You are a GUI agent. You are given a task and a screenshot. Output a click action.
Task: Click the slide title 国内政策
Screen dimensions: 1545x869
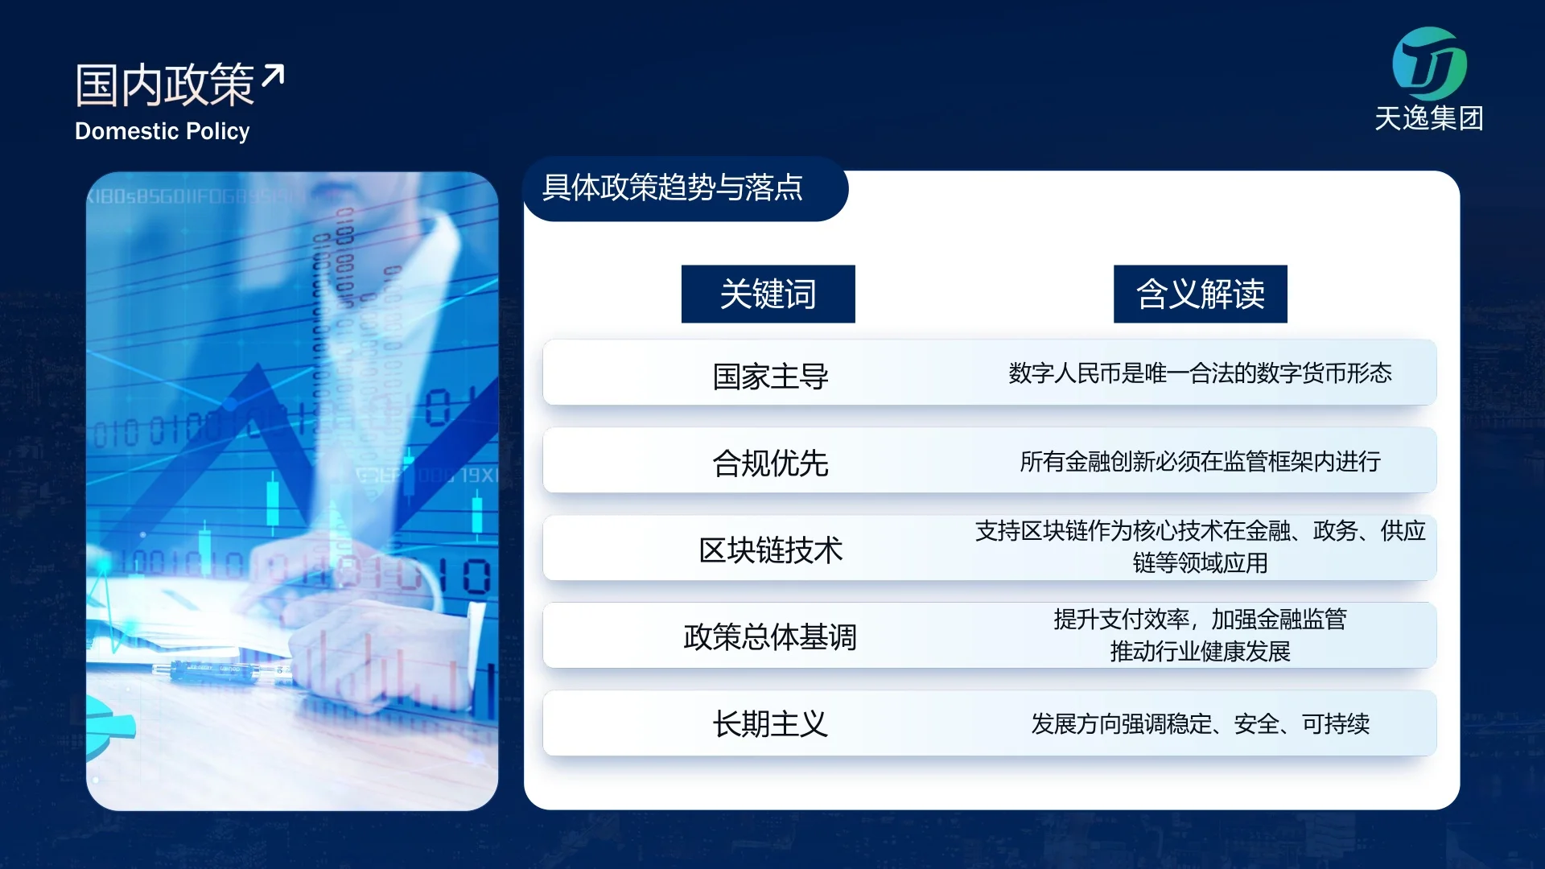pos(165,84)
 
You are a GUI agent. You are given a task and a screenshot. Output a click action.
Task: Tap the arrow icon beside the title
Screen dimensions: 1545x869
pos(273,75)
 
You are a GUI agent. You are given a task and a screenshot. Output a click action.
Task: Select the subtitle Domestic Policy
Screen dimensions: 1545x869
pos(163,131)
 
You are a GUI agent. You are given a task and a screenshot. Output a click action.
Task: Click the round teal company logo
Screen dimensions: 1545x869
pos(1429,64)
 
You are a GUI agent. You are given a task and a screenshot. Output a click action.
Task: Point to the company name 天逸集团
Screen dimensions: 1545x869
pos(1429,118)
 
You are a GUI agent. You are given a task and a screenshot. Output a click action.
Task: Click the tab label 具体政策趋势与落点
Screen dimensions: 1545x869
pos(673,187)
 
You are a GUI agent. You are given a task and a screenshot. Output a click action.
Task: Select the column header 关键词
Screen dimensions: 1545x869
pos(768,294)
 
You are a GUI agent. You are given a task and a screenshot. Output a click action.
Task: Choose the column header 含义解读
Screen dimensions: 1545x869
pos(1201,294)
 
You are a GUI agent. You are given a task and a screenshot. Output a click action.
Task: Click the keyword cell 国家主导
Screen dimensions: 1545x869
pos(770,376)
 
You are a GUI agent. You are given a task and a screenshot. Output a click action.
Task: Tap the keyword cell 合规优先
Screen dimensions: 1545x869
pos(770,463)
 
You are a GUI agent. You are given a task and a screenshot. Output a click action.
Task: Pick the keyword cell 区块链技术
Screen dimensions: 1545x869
pos(770,550)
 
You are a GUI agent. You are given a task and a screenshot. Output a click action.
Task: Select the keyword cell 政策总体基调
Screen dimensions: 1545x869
pos(770,636)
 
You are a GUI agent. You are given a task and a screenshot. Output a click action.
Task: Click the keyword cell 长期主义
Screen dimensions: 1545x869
pos(770,724)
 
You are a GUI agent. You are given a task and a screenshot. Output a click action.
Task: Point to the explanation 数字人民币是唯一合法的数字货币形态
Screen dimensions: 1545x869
pos(1200,373)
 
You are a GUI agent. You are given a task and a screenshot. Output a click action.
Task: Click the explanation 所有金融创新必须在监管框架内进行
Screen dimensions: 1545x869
pos(1200,461)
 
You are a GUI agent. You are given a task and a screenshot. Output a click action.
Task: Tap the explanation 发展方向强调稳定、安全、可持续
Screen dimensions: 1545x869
pos(1200,724)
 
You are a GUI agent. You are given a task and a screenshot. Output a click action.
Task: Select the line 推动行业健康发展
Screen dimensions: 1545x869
pos(1200,651)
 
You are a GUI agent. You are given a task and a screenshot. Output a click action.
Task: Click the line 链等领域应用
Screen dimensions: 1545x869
pos(1200,562)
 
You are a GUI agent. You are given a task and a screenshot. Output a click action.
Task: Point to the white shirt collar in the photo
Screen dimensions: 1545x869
pos(435,266)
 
